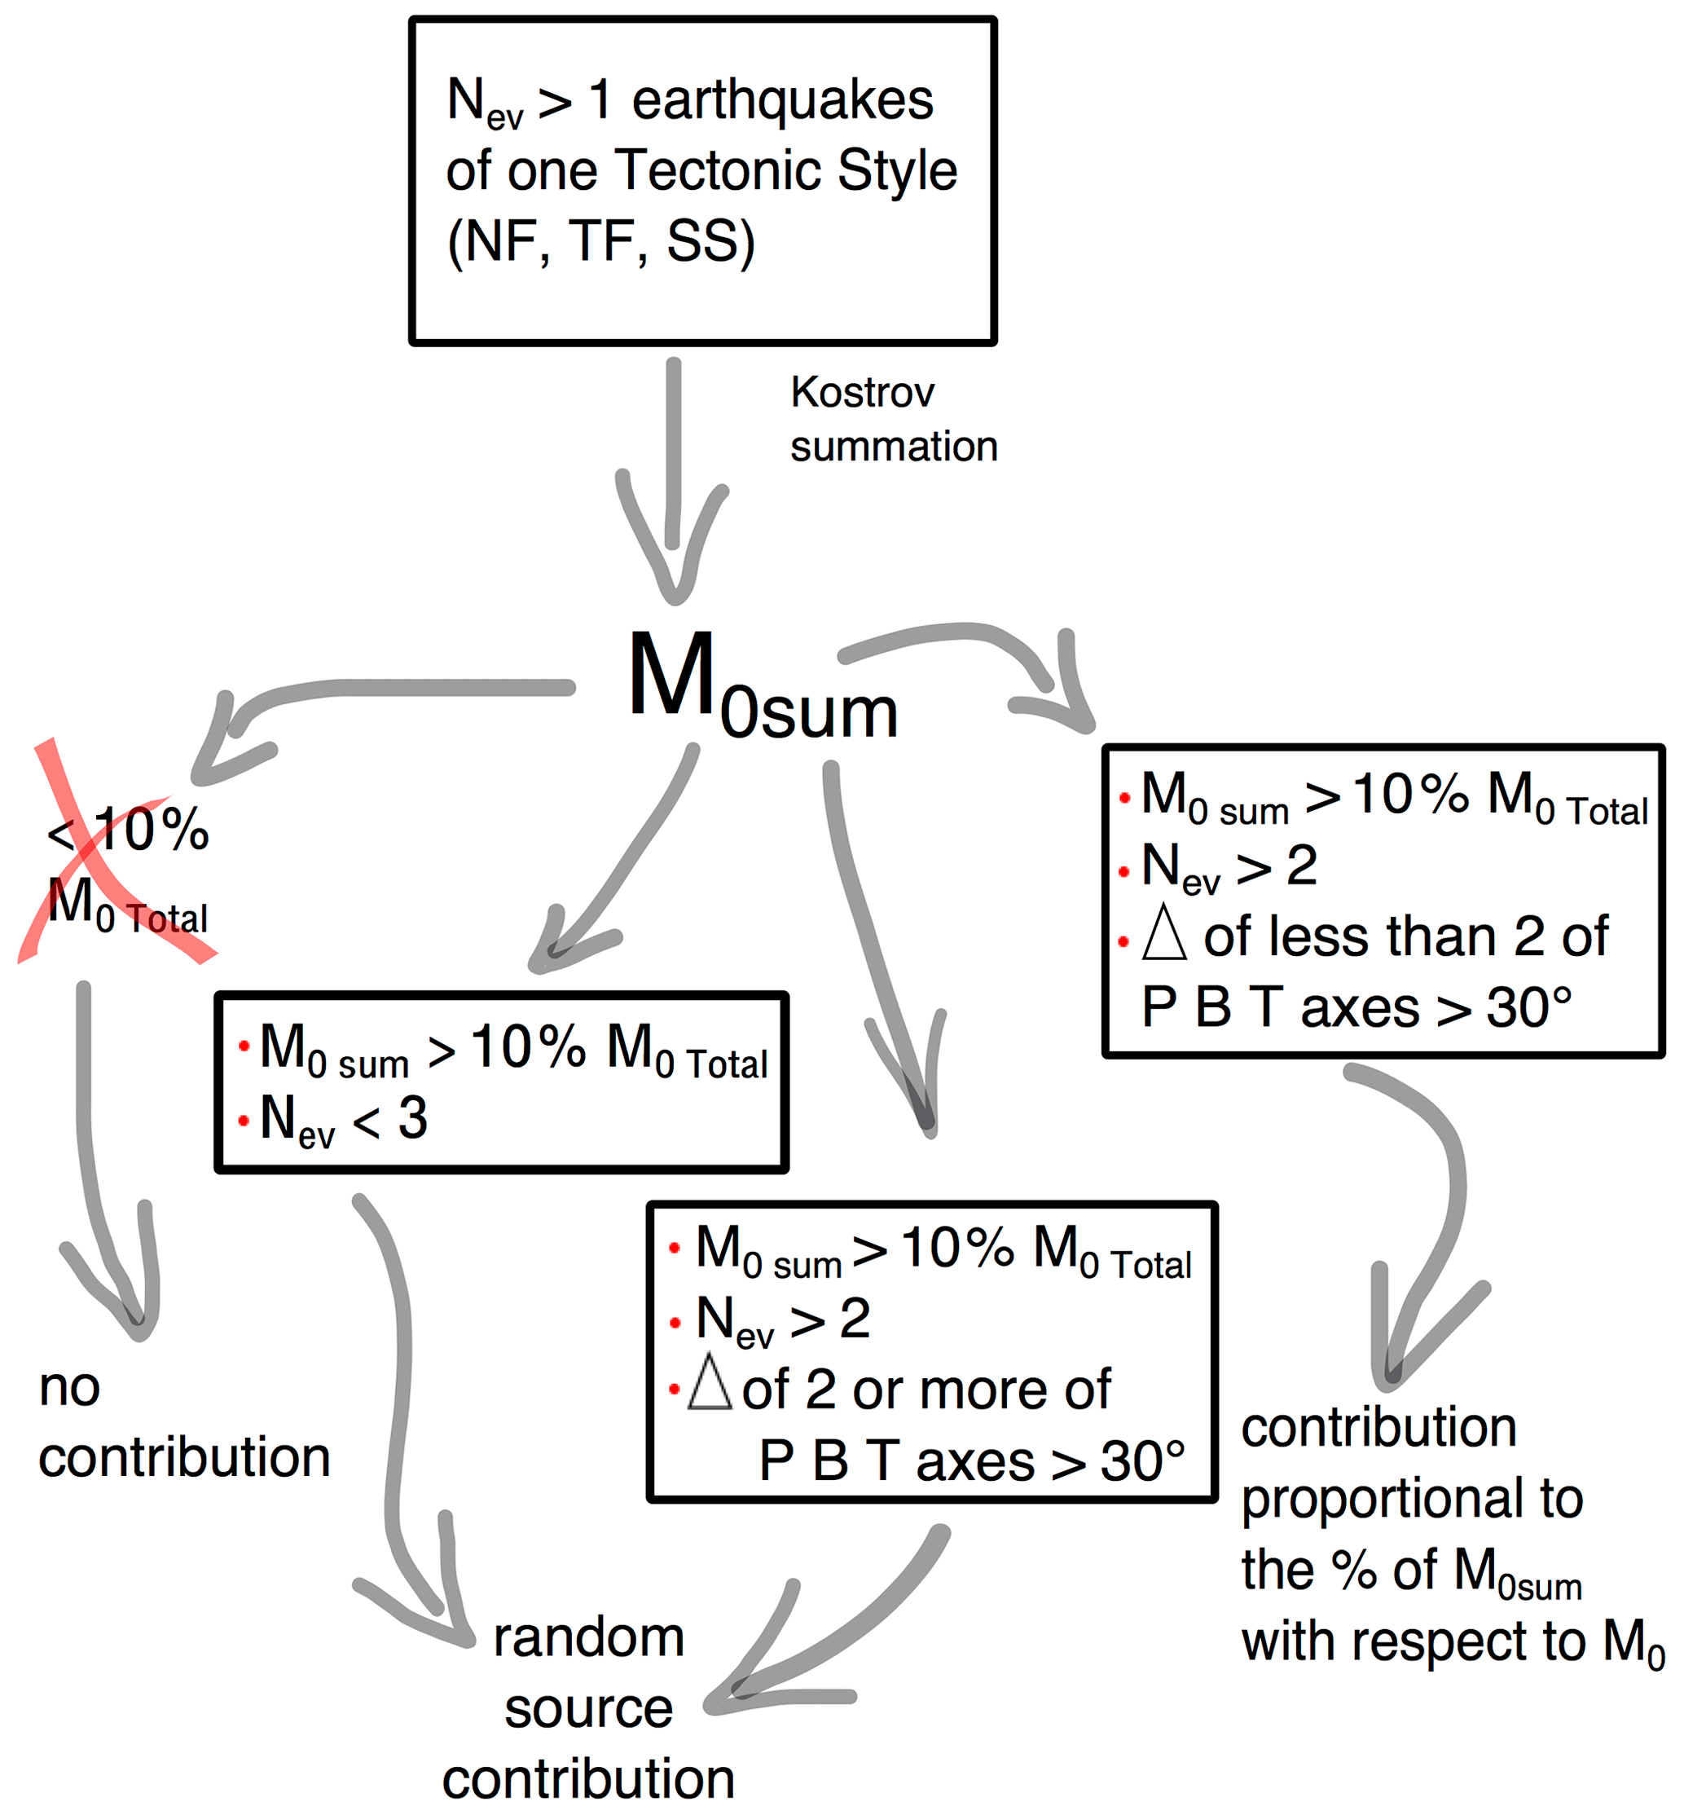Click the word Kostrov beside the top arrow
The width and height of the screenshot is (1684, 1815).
862,393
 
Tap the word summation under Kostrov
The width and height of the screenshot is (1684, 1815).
894,447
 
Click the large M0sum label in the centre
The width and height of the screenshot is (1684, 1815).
762,685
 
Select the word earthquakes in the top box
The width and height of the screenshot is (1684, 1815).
782,99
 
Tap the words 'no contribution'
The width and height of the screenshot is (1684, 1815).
182,1422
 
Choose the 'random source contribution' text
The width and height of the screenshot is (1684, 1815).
589,1707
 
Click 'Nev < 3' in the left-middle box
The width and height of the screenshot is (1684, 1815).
344,1120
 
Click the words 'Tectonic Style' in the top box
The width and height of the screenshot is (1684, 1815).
785,170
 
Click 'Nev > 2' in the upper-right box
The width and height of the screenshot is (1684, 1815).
1229,866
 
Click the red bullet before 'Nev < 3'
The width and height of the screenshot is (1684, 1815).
244,1121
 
